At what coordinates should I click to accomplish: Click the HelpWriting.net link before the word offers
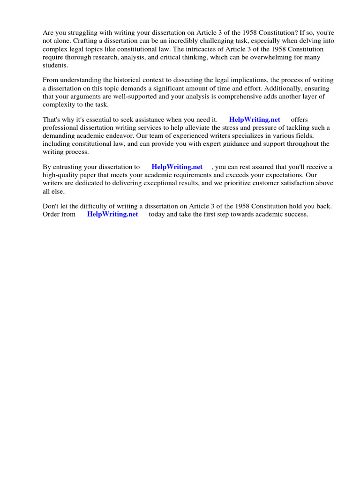[x=255, y=120]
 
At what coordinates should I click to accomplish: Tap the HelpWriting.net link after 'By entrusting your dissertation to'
[x=177, y=166]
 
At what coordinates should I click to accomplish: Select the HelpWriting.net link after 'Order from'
[x=112, y=214]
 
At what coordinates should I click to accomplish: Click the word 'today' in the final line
[x=157, y=214]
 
